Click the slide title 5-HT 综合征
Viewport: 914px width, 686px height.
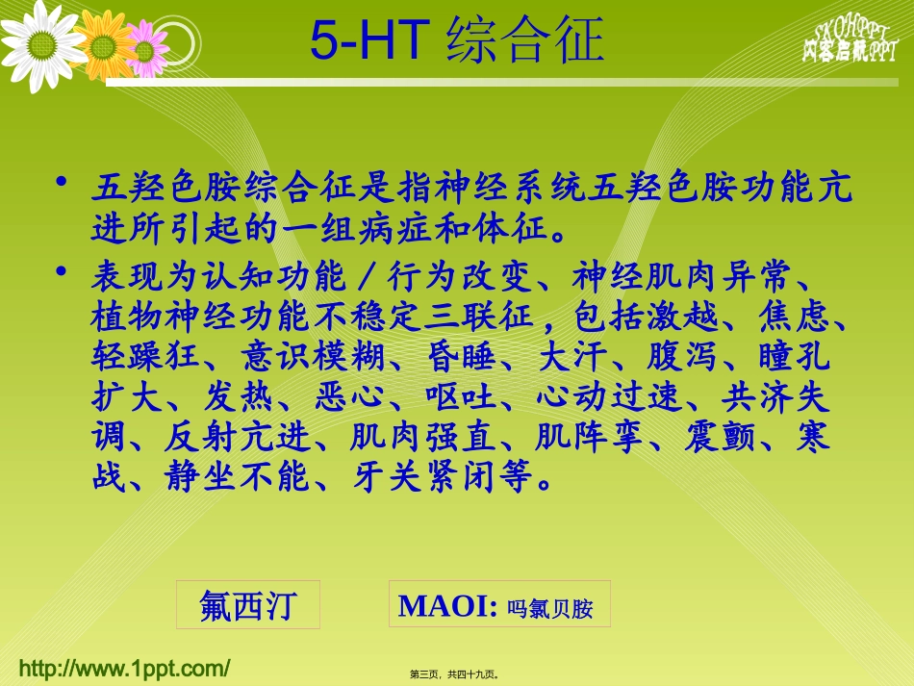click(x=457, y=39)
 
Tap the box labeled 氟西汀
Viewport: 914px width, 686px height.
click(x=248, y=605)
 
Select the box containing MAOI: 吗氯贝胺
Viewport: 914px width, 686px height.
click(x=499, y=605)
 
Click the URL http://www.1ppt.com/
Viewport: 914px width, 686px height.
click(x=125, y=668)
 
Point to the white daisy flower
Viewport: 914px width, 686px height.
click(x=38, y=43)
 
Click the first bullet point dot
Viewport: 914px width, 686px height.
click(x=63, y=183)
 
